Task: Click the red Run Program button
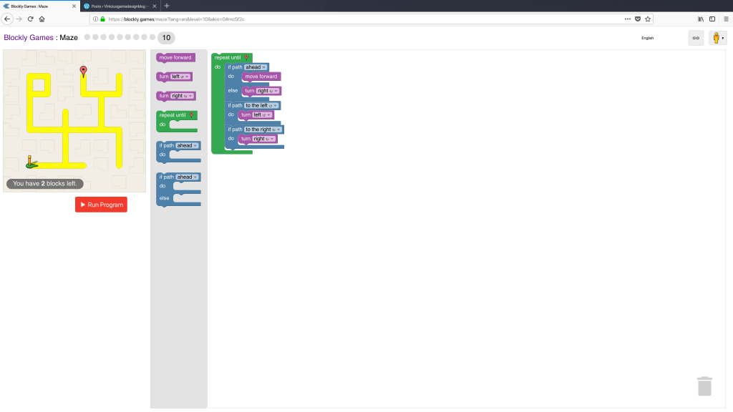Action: [x=101, y=205]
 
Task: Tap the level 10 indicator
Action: [x=166, y=37]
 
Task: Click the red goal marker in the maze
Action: [x=83, y=71]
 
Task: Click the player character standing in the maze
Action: [x=30, y=162]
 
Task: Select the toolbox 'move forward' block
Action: [x=175, y=57]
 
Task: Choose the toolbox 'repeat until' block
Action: [x=173, y=114]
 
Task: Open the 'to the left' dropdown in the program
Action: [x=262, y=105]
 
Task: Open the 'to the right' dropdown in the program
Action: [x=263, y=129]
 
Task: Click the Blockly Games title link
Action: [x=29, y=37]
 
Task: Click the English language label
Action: [x=647, y=38]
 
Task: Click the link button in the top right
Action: [x=696, y=38]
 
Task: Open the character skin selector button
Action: [x=717, y=38]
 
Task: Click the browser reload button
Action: [x=30, y=19]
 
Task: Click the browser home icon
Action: [x=42, y=19]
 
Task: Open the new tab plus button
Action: [x=167, y=6]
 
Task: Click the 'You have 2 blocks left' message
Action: [x=45, y=184]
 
